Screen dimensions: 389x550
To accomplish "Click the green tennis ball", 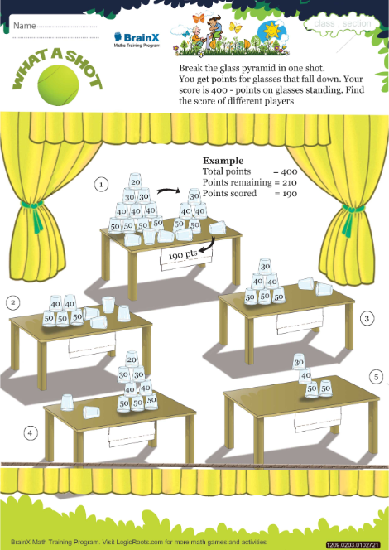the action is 58,84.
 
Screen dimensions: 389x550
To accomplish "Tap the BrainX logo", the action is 137,40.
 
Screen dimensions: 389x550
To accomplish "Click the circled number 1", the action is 101,184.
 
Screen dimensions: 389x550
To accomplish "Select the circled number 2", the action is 13,302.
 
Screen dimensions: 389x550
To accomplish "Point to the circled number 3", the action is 367,318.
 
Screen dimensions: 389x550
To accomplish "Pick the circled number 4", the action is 30,433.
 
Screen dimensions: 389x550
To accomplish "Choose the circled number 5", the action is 376,377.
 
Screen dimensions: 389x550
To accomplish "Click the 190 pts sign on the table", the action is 185,258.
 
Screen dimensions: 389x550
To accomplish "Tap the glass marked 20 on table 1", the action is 135,181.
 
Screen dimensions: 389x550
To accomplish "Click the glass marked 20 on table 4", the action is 132,359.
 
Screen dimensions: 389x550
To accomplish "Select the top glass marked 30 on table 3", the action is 266,267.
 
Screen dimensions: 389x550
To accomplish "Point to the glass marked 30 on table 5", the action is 298,362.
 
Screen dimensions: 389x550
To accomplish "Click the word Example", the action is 223,161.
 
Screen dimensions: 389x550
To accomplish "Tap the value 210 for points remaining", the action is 289,183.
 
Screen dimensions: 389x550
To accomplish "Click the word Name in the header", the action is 25,25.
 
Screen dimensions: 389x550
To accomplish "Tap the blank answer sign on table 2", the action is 92,345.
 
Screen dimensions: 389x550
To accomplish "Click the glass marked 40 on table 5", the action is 305,376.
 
